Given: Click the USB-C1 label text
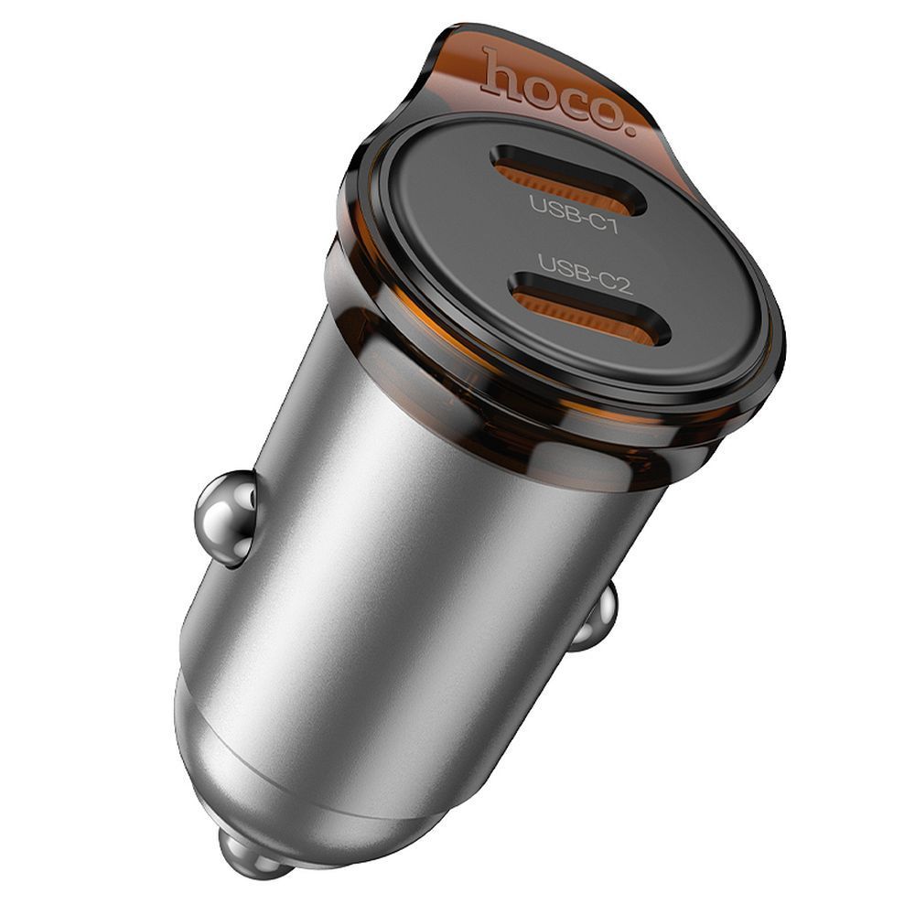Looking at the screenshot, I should [574, 214].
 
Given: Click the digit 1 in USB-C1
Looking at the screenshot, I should [611, 223].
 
